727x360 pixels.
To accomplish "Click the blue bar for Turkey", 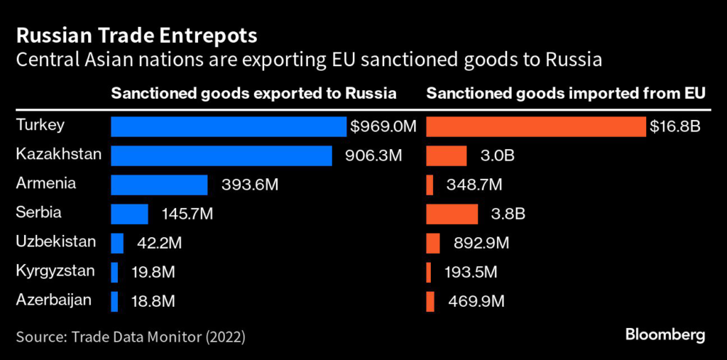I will (x=229, y=126).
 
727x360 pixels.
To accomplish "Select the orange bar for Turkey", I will (x=536, y=126).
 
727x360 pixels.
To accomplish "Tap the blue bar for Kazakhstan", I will (x=222, y=156).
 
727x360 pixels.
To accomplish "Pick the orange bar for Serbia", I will (x=452, y=214).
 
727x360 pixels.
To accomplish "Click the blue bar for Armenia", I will (x=159, y=185).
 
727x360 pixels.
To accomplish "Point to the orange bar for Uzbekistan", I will (x=433, y=243).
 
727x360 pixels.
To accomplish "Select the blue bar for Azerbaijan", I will (x=114, y=301).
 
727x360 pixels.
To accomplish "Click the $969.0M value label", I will (x=383, y=127).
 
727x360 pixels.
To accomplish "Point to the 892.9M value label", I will (x=481, y=244).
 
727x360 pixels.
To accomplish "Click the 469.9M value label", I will (x=476, y=302).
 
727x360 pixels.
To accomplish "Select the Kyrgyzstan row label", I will (x=55, y=271).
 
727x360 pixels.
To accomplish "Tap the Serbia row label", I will (x=38, y=212).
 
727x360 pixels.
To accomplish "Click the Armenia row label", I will (x=45, y=183).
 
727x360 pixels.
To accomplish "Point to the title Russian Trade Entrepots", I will (x=136, y=35).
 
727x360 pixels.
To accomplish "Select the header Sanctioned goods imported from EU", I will (x=567, y=94).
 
